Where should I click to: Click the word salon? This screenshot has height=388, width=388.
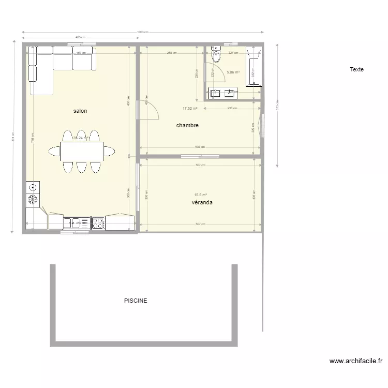click(80, 111)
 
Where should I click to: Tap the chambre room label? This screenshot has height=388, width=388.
click(187, 126)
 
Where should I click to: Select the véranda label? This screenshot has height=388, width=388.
click(202, 203)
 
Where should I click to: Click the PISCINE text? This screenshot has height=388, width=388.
click(136, 301)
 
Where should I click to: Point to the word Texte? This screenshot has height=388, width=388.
click(356, 69)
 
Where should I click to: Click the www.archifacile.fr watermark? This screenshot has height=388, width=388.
click(355, 362)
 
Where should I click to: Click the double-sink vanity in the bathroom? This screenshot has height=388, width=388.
click(223, 93)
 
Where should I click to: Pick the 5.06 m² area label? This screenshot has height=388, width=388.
click(233, 72)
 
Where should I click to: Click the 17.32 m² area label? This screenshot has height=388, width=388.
click(190, 109)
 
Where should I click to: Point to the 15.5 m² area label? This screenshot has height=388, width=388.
click(200, 195)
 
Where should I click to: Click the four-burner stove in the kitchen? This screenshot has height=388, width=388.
click(98, 223)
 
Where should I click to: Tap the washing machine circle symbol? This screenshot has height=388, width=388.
click(33, 187)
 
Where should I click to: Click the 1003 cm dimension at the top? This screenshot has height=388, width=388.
click(142, 32)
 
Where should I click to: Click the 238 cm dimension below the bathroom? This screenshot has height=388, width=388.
click(232, 108)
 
